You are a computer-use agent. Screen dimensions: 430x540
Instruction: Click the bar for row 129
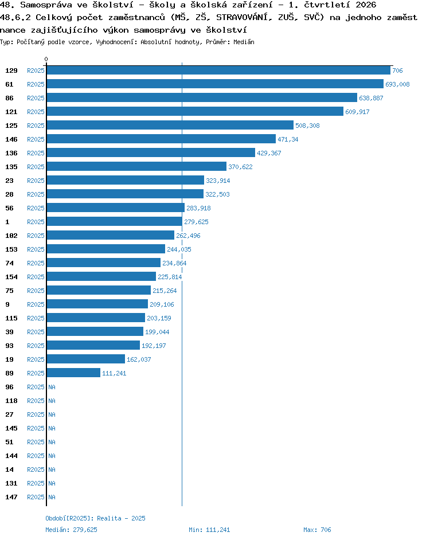tap(218, 71)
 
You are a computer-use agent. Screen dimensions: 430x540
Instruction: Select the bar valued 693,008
tap(215, 84)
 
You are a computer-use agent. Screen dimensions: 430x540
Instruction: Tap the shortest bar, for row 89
tap(73, 373)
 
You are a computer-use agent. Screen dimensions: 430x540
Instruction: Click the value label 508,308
tap(307, 126)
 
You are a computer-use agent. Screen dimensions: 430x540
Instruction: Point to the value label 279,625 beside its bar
tap(196, 222)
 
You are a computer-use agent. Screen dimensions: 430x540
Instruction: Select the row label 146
tap(11, 139)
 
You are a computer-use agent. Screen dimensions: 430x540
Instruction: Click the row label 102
tap(11, 236)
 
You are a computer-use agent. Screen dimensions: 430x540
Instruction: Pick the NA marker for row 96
tap(52, 387)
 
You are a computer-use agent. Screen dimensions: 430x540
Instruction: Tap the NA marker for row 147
tap(52, 498)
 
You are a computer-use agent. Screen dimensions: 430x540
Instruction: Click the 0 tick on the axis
tap(46, 59)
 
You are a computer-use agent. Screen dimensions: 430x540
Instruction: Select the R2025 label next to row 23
tap(36, 181)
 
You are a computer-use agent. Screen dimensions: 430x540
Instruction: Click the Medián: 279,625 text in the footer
tap(71, 530)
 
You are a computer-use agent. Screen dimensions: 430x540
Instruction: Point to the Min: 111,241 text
tap(209, 530)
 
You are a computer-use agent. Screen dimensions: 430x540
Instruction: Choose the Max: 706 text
tap(317, 530)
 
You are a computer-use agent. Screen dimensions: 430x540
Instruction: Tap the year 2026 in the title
tap(366, 5)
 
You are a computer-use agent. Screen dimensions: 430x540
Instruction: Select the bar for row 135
tap(136, 167)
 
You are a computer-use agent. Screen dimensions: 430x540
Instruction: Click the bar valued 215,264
tap(99, 290)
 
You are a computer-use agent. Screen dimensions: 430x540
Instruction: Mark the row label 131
tap(11, 483)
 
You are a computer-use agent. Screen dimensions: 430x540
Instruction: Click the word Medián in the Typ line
tap(244, 42)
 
